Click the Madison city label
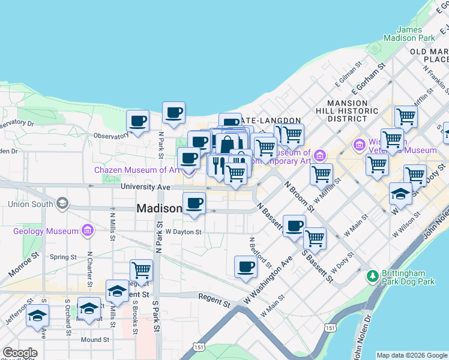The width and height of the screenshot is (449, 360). (159, 209)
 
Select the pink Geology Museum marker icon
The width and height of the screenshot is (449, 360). (88, 230)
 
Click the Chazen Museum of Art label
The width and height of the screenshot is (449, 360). (137, 170)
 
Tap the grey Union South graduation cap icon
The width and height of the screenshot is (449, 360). (62, 204)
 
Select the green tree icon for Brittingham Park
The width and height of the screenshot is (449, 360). (373, 276)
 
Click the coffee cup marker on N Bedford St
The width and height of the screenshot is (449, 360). (245, 266)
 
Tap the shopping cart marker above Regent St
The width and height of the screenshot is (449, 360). (141, 270)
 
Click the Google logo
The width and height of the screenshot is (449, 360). (20, 353)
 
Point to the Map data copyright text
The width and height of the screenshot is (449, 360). (412, 355)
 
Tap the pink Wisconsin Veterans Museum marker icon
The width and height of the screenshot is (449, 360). (360, 145)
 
